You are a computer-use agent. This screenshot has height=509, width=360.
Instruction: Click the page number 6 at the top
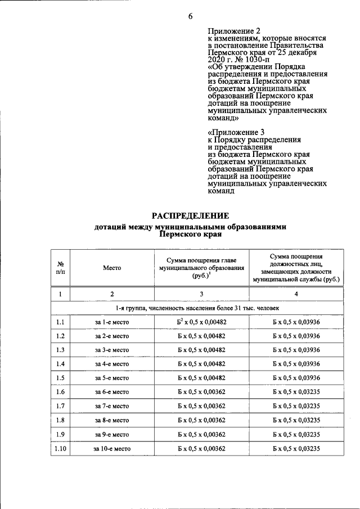click(191, 16)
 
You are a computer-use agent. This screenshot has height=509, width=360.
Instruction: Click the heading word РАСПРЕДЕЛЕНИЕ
click(190, 215)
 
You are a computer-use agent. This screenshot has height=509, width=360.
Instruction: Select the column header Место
click(112, 268)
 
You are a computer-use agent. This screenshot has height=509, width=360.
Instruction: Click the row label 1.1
click(60, 322)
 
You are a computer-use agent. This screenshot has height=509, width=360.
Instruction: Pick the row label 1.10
click(60, 448)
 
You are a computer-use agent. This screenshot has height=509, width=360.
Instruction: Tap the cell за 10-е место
click(112, 448)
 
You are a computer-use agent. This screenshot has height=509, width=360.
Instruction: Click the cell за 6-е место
click(112, 392)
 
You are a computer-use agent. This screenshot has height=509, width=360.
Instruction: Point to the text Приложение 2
click(230, 31)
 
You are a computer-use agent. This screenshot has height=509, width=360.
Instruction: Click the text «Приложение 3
click(232, 133)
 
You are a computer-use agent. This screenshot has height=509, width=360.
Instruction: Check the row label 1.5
click(60, 378)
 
